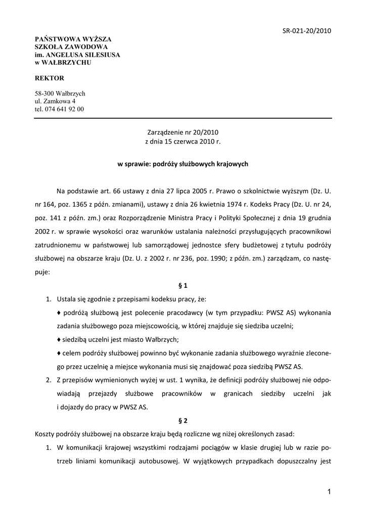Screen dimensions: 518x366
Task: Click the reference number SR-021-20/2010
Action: click(x=306, y=31)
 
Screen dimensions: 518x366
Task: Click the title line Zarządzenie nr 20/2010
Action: click(x=182, y=132)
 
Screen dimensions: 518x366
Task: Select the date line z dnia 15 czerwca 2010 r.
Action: click(x=182, y=142)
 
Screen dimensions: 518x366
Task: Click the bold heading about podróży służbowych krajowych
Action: click(x=182, y=164)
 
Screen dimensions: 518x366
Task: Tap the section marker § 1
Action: click(x=183, y=285)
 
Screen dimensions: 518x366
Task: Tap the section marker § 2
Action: click(x=183, y=420)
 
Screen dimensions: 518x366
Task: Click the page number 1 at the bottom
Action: click(x=329, y=492)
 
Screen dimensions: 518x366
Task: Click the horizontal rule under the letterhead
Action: click(x=182, y=118)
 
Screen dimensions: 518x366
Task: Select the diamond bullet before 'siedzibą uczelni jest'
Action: click(x=59, y=339)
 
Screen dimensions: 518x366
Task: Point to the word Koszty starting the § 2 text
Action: click(x=45, y=434)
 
